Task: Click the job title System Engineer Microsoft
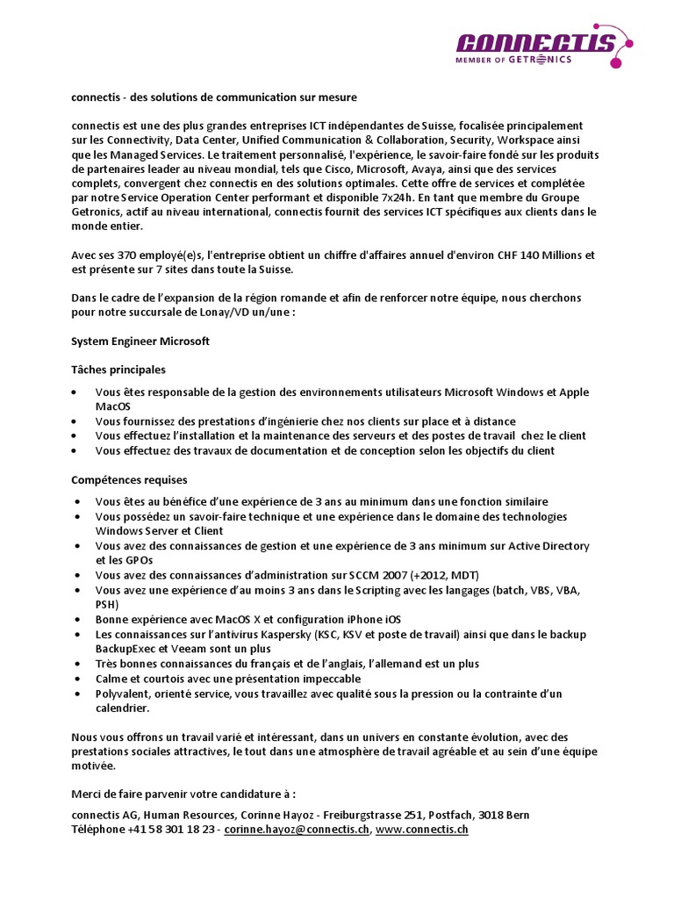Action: point(140,341)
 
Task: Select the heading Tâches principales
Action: point(118,370)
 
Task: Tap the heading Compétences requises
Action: point(128,480)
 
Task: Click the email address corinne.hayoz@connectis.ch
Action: point(297,829)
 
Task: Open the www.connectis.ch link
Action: point(422,829)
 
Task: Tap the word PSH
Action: point(108,604)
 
